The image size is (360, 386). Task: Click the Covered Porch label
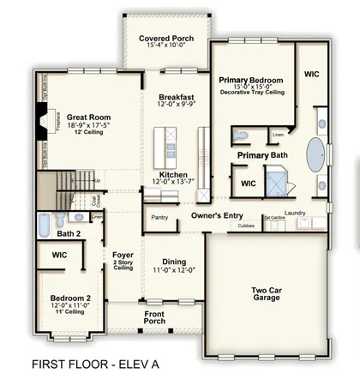pos(166,39)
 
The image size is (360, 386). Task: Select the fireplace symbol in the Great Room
pos(37,121)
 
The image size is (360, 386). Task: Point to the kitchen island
pos(163,145)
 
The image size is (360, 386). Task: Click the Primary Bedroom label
pos(251,79)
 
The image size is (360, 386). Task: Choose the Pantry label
pos(159,218)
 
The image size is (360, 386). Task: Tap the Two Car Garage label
pos(267,296)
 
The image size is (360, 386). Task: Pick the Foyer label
pos(123,255)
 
